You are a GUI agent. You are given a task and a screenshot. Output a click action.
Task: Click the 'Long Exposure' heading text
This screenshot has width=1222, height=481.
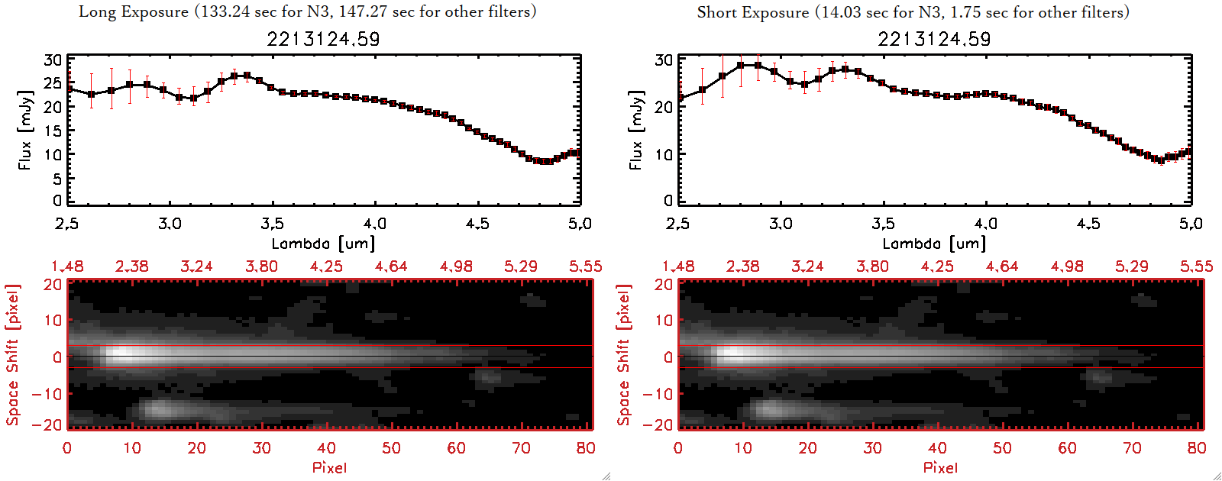click(134, 11)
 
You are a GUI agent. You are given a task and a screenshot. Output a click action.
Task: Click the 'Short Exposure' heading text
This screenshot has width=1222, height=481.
click(752, 12)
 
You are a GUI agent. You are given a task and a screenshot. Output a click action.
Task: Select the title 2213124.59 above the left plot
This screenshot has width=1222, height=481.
click(323, 39)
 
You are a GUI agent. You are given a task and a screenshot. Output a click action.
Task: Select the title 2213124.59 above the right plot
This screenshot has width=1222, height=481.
click(934, 39)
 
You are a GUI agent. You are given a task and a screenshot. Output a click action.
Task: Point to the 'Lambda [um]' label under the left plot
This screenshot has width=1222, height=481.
click(323, 244)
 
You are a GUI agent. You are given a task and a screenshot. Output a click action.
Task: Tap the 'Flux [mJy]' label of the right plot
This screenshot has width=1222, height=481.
click(635, 130)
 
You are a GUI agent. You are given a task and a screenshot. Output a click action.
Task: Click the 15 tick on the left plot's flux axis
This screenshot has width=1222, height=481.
click(53, 131)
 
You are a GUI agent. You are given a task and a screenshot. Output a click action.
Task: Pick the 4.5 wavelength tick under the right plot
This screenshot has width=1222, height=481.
click(1088, 224)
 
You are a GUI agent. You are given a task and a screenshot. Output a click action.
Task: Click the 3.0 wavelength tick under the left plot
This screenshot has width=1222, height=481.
click(170, 224)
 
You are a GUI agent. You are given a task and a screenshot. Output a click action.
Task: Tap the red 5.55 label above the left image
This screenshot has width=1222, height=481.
click(585, 266)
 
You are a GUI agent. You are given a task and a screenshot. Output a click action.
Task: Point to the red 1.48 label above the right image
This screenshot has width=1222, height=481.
click(678, 266)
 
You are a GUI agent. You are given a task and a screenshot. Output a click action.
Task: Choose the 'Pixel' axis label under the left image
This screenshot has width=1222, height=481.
click(329, 467)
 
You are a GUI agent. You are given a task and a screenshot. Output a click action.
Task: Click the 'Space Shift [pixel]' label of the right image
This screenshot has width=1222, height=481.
click(624, 355)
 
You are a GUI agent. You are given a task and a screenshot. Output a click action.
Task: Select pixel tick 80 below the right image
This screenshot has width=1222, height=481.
click(1197, 448)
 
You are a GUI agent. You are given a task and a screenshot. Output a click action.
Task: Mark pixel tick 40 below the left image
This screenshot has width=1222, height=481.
click(326, 448)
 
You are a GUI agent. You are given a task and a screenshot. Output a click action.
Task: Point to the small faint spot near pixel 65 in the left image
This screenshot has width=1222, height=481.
click(487, 376)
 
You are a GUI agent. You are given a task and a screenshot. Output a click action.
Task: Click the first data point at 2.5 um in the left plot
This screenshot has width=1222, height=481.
click(69, 89)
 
